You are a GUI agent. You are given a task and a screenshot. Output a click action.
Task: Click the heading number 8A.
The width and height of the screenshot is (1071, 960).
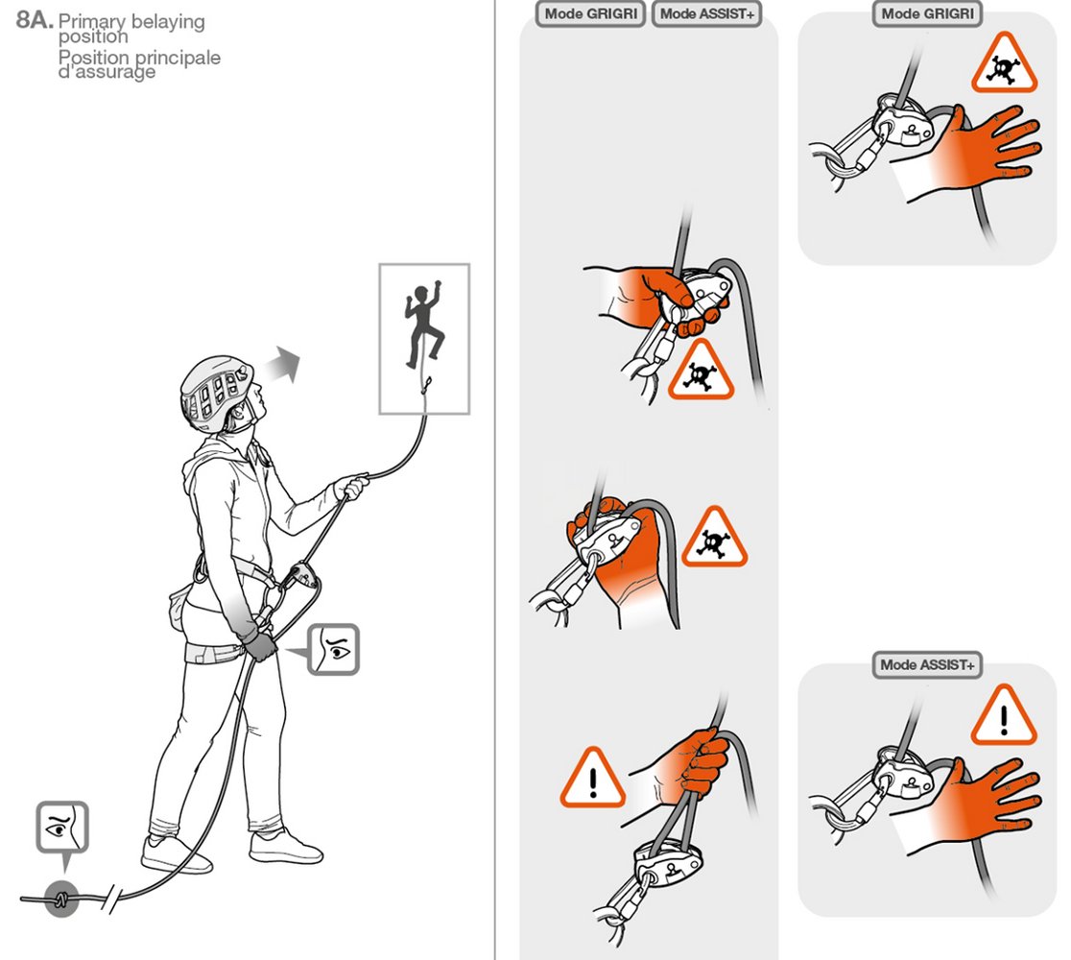click(x=35, y=20)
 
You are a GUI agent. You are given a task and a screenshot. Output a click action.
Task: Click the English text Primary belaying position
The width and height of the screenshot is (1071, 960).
click(x=131, y=28)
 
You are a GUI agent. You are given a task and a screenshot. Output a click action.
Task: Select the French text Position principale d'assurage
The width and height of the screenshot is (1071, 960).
click(x=139, y=63)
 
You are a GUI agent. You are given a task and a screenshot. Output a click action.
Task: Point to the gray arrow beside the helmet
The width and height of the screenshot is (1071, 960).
click(x=283, y=365)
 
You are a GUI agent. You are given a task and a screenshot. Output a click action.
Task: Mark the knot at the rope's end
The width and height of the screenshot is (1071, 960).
click(x=61, y=899)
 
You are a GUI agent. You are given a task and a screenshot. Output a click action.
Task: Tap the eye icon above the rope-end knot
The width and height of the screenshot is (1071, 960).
click(x=62, y=828)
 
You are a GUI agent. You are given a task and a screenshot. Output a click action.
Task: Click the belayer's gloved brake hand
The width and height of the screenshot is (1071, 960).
click(x=259, y=643)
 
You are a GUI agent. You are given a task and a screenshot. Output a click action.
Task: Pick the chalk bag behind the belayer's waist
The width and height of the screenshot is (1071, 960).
click(x=177, y=610)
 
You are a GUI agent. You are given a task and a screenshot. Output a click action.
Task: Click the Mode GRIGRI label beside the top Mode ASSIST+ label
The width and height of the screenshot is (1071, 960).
click(x=591, y=13)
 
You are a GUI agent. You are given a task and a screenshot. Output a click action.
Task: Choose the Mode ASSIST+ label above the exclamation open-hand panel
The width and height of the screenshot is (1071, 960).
click(x=927, y=664)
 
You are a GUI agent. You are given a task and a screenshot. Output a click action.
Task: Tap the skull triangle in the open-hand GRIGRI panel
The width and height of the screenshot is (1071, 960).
click(x=1004, y=63)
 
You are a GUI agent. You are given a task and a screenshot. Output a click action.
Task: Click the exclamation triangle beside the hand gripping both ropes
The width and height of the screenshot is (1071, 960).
click(x=592, y=779)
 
